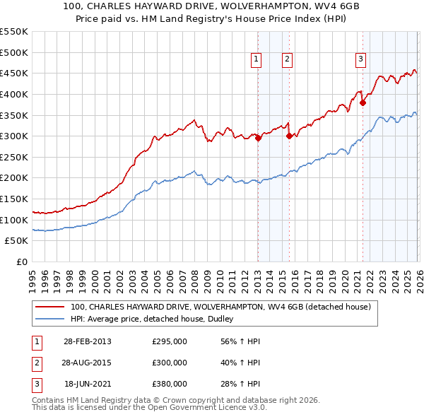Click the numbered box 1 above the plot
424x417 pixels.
pos(255,60)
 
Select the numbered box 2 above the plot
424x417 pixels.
pos(288,60)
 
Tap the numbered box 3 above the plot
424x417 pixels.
pos(360,60)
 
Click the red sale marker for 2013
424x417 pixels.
pos(258,139)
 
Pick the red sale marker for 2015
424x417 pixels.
pos(289,136)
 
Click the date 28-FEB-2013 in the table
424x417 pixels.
pos(87,341)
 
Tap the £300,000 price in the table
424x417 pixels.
pos(170,363)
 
